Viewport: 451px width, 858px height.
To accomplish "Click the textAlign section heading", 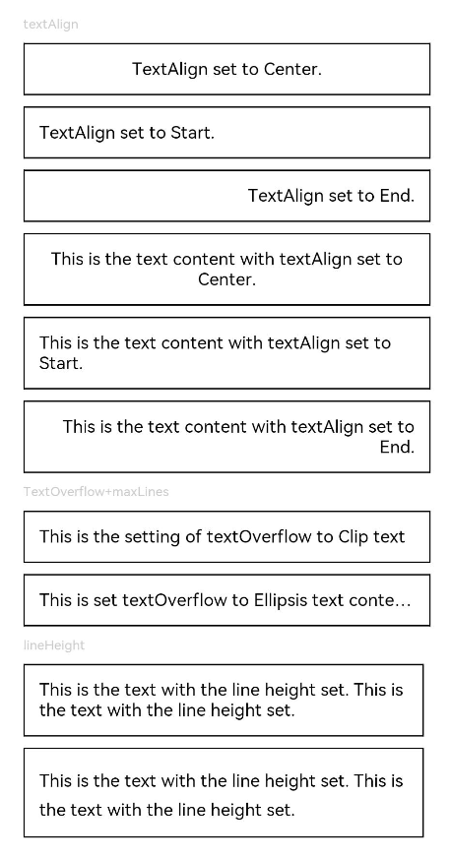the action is tap(50, 25).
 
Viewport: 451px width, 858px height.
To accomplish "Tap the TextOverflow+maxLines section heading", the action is tap(97, 491).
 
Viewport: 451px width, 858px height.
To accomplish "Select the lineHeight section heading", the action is tap(54, 645).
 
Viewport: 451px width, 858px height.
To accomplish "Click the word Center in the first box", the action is tap(292, 70).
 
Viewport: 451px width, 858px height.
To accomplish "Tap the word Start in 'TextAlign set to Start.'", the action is tap(192, 133).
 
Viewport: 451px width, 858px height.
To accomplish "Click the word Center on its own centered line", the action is tap(226, 279).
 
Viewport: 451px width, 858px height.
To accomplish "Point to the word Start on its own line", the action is tap(61, 363).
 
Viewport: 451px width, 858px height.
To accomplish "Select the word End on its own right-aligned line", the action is tap(398, 447).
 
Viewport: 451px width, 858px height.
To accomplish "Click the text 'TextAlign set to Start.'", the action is tap(126, 133).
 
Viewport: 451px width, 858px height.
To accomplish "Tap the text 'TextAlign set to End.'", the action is tap(331, 196).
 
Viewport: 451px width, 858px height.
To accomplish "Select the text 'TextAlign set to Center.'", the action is tap(226, 70).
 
